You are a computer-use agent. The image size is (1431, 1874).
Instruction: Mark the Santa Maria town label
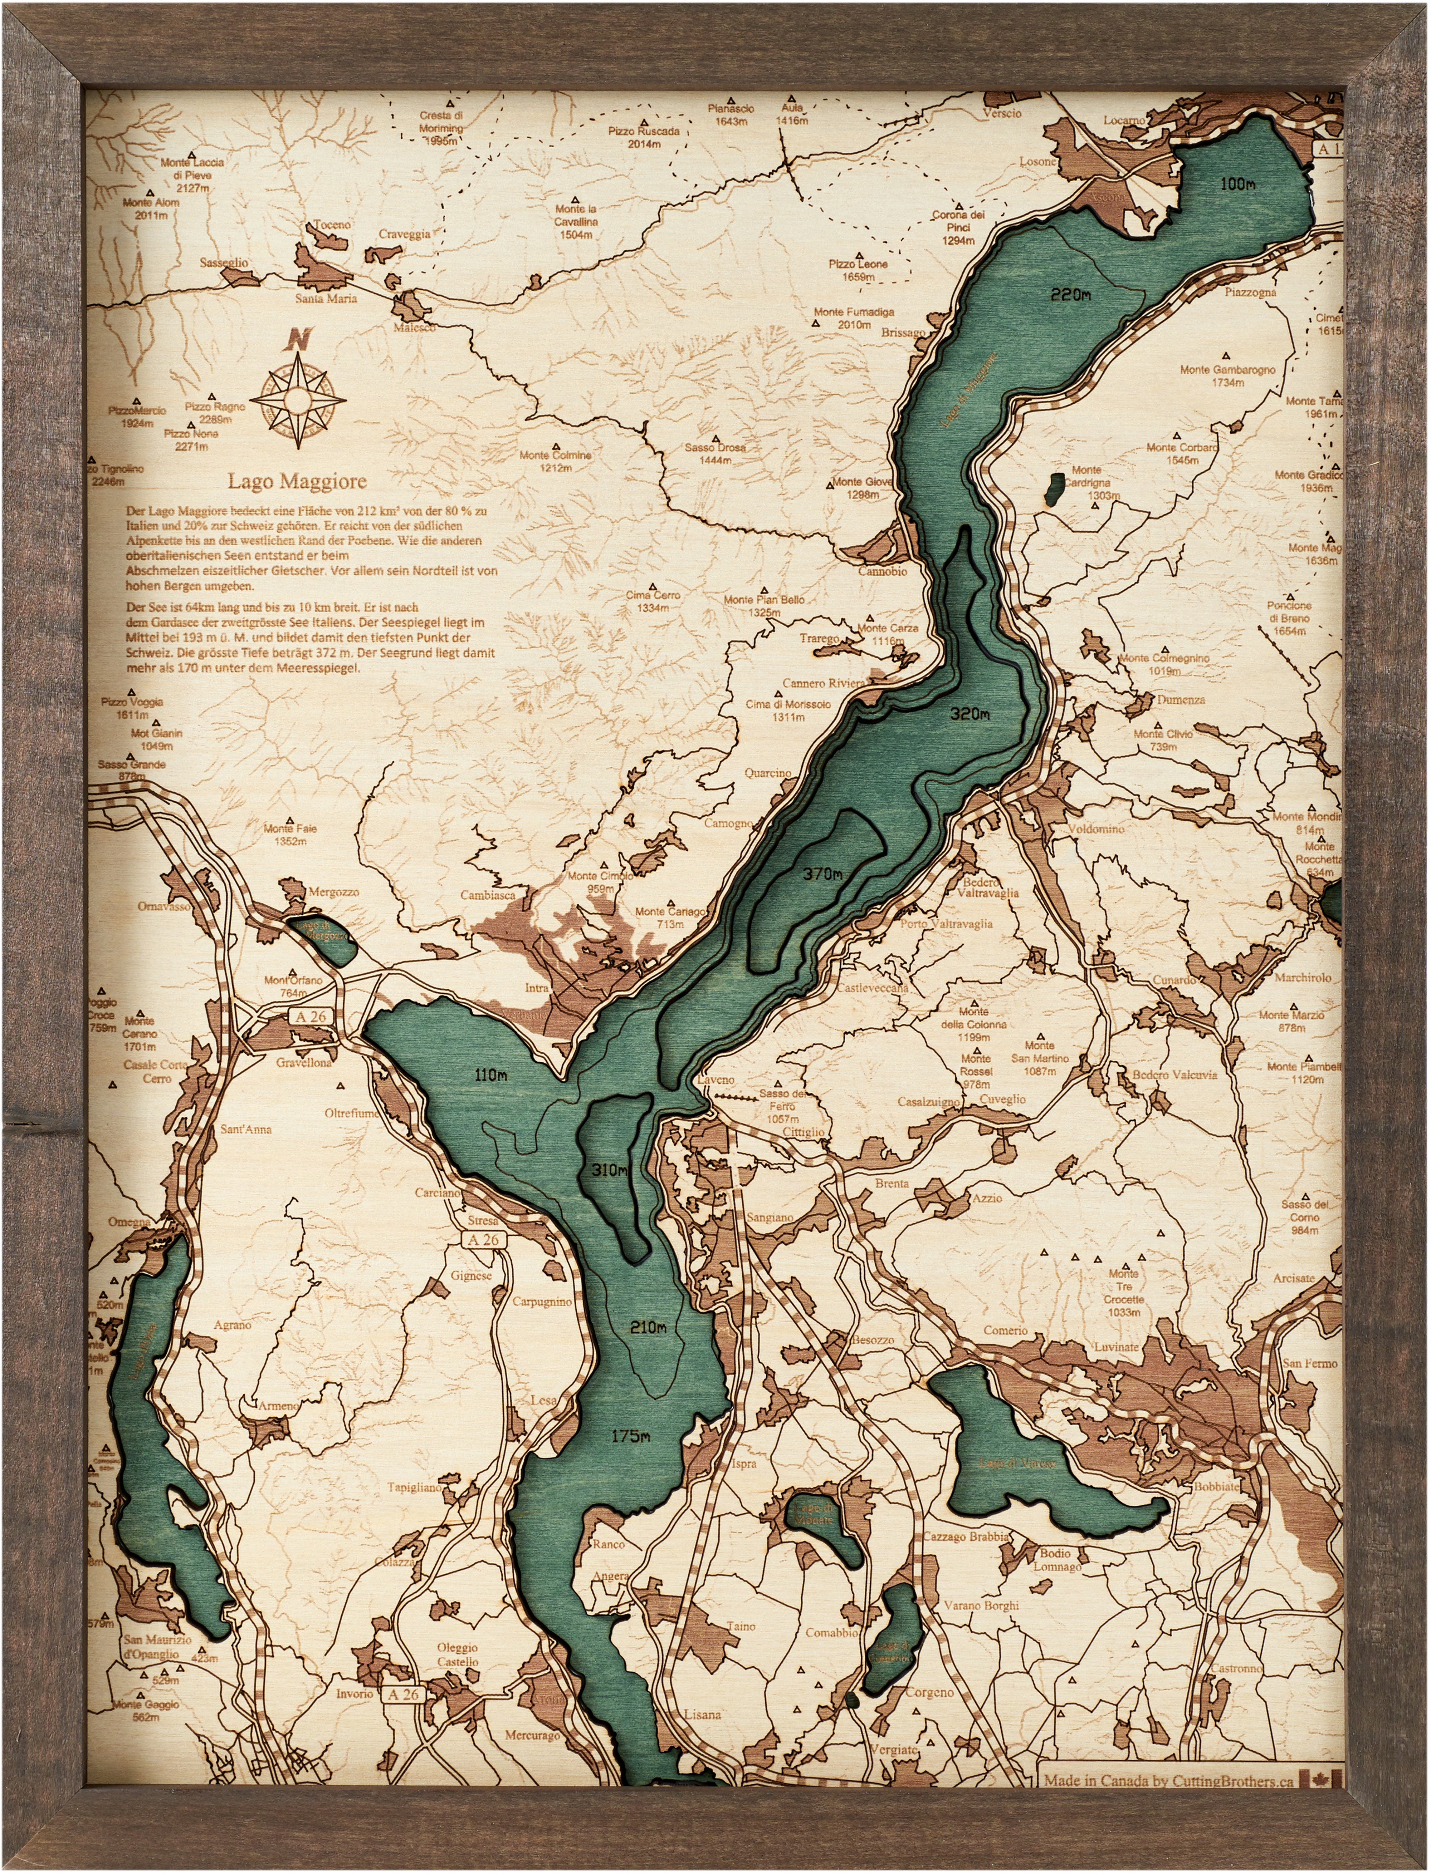point(326,299)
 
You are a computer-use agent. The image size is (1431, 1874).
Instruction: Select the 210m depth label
point(649,1327)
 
